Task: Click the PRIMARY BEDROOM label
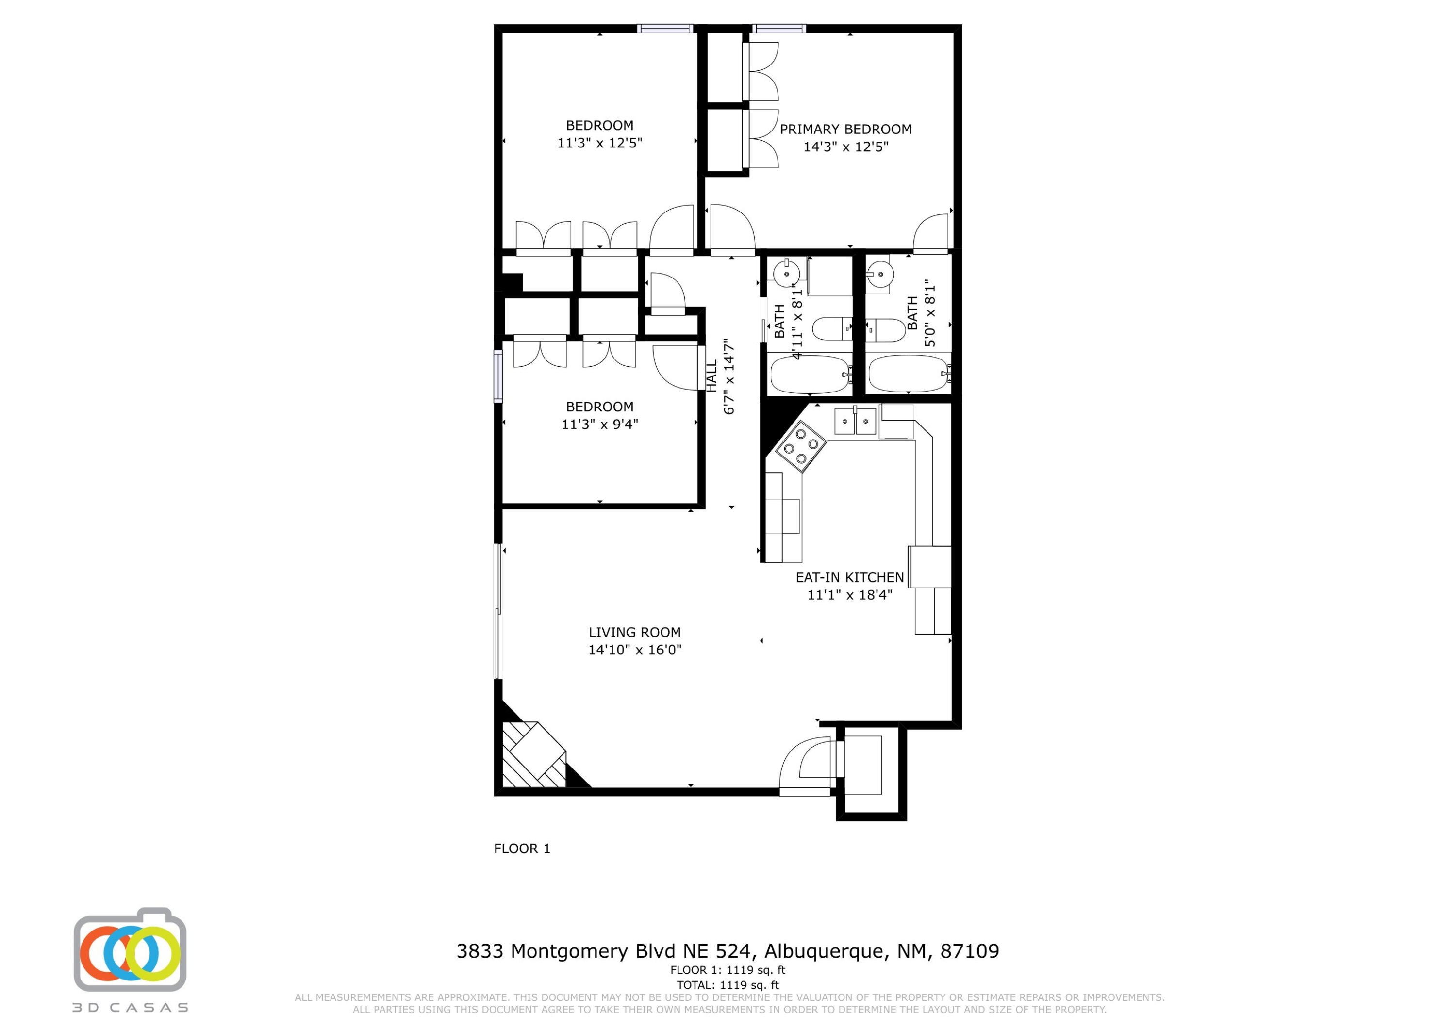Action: coord(845,130)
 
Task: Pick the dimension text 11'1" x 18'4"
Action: coord(850,595)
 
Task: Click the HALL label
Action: coord(711,376)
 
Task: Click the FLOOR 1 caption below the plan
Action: coord(522,849)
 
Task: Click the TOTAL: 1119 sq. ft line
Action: coord(728,985)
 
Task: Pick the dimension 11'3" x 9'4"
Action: coord(599,424)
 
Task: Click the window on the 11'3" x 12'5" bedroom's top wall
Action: coord(665,28)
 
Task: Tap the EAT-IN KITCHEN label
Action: coord(849,578)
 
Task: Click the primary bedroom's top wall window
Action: coord(779,28)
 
